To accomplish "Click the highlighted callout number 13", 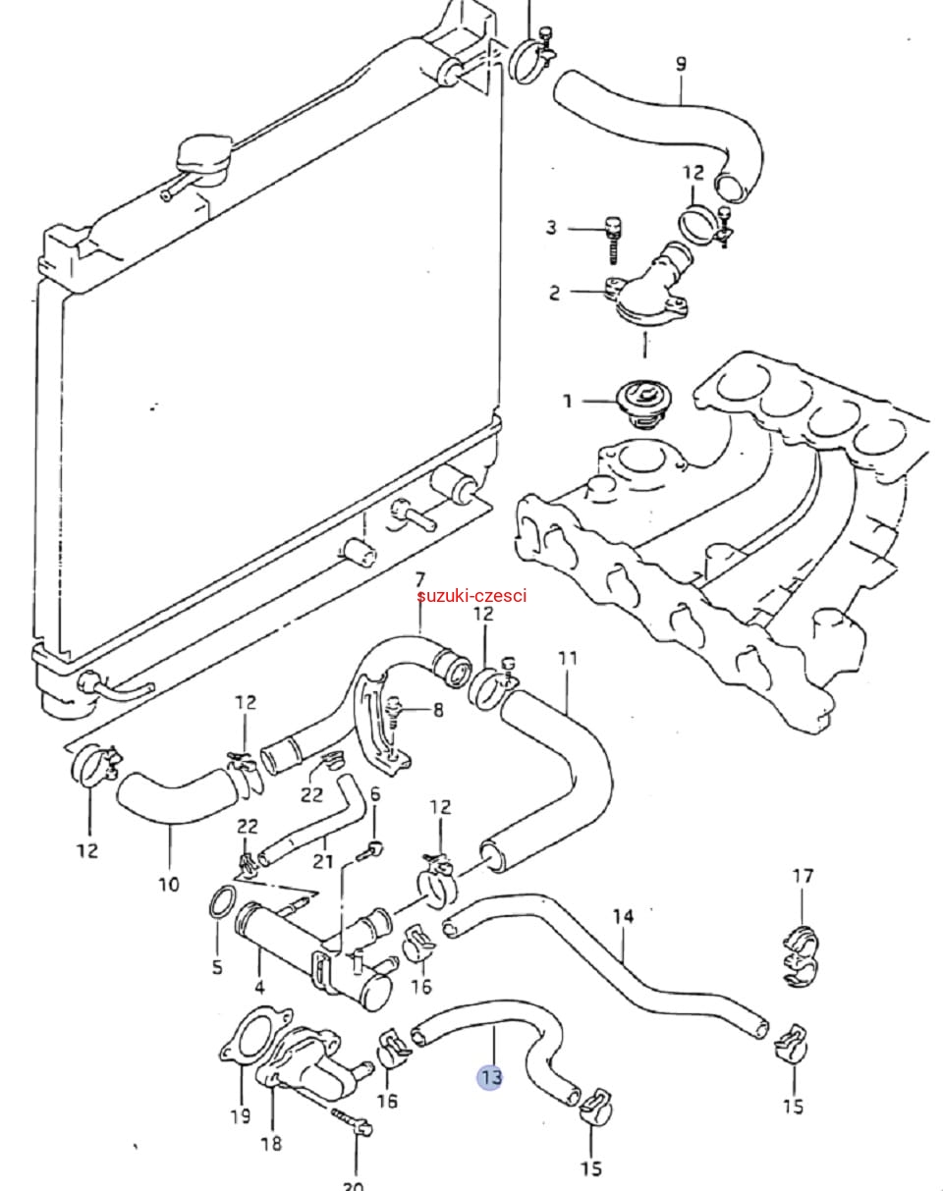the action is [490, 1077].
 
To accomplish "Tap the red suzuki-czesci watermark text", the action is [471, 596].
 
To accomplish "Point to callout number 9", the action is [681, 64].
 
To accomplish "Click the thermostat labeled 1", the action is [642, 404].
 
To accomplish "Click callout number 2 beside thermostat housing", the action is [554, 293].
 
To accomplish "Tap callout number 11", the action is [568, 659].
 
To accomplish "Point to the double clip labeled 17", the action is [802, 956].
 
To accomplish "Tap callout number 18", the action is [271, 1143].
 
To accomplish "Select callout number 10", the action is [169, 884].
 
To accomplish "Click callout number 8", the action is [438, 710].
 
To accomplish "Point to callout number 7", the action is [419, 579].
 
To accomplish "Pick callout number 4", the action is [259, 986].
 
